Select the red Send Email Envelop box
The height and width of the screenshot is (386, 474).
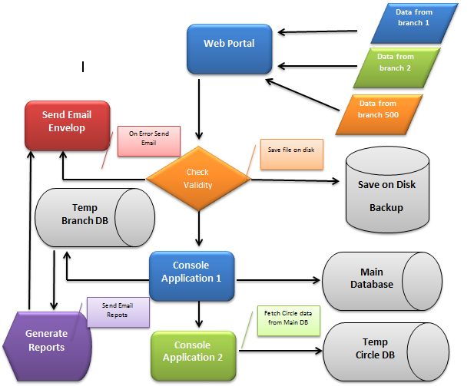point(68,124)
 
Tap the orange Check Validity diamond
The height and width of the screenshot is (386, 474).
point(198,180)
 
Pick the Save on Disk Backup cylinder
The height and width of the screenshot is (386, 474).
point(386,189)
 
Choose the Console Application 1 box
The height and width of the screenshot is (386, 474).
point(191,272)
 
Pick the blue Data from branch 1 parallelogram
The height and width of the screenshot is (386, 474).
point(413,23)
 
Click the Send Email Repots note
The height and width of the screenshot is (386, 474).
point(118,311)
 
